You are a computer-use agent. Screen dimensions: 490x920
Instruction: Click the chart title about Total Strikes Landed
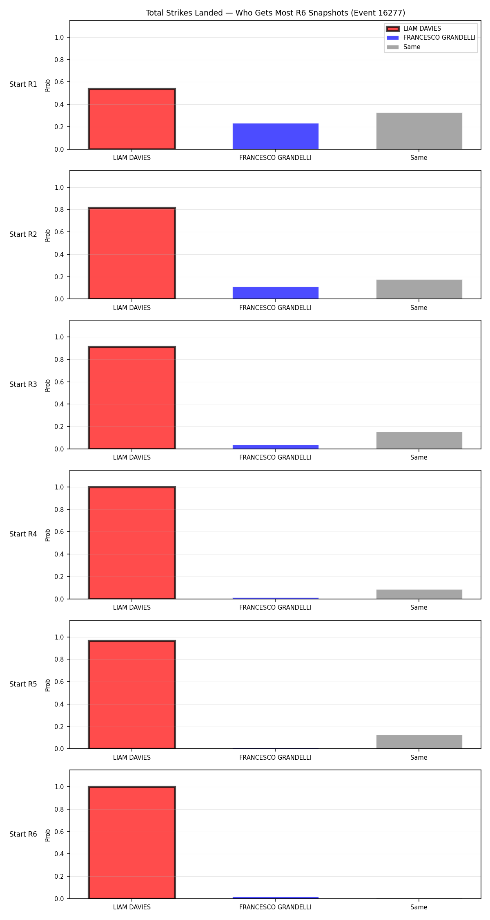275,13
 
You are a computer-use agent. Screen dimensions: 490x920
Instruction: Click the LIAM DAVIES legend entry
413,29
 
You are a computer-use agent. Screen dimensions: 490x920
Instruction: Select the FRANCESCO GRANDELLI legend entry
431,38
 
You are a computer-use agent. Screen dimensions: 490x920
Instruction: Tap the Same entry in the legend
403,47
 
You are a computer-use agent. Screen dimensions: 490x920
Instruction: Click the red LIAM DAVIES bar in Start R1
132,119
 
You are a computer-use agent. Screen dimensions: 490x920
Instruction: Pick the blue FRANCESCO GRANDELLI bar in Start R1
276,136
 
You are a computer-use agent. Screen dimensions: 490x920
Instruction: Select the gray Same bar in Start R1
419,131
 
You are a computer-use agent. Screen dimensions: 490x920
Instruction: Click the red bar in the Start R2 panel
132,253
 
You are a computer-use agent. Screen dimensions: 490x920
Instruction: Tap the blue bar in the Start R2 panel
276,293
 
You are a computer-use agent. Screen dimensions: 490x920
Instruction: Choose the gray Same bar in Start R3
419,440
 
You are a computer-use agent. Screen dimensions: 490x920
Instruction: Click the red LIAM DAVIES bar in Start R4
132,543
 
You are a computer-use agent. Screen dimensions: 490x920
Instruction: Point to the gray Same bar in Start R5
419,742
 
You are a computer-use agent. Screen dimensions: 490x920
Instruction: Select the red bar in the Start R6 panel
132,842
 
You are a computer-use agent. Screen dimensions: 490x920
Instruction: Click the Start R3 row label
23,384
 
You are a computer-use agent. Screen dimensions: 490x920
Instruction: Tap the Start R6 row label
23,834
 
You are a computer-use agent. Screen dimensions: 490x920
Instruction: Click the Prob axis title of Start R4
48,535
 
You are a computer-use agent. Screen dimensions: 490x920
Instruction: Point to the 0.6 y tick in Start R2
60,232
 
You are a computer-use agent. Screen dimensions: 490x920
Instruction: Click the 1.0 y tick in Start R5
60,637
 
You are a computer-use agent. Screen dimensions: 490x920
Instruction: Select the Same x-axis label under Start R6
419,907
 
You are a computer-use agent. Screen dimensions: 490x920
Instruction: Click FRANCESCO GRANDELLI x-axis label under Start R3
275,457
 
